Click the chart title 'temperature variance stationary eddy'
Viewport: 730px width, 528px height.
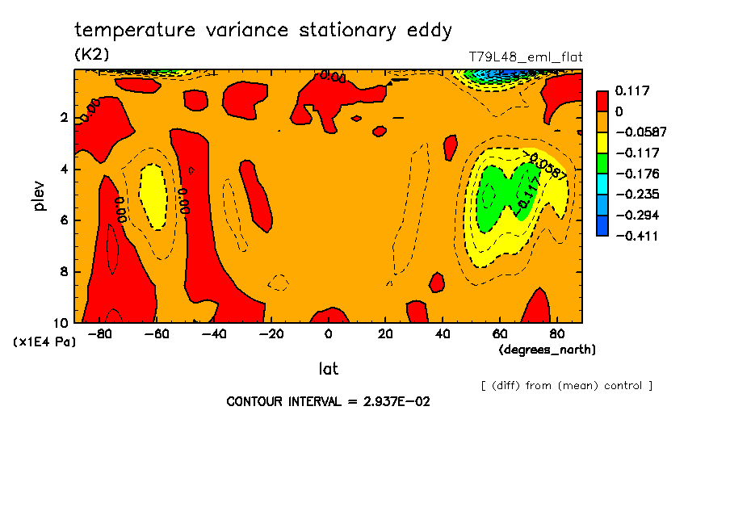263,31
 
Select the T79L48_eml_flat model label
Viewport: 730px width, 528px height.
526,57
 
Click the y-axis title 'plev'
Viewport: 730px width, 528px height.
39,196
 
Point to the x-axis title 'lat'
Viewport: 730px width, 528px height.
328,369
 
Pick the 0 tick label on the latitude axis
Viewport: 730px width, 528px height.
329,333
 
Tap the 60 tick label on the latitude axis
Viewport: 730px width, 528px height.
499,333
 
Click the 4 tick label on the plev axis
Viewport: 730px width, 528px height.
63,170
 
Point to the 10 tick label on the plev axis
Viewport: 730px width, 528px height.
61,322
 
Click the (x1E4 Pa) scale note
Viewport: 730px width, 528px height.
45,342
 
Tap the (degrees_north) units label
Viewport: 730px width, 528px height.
547,350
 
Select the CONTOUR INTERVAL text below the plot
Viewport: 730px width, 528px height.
328,401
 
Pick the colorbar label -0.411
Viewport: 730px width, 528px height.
636,236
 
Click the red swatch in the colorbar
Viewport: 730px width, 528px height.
602,100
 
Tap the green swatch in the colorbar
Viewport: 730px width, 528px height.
602,163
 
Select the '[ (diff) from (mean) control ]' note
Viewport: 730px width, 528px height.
566,385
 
